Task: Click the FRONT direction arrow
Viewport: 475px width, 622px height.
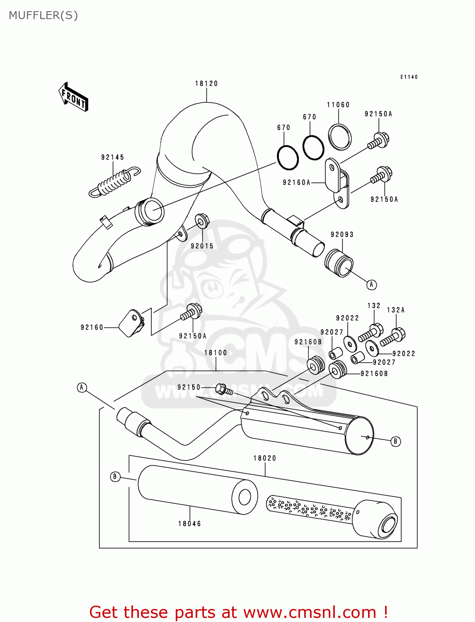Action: tap(73, 97)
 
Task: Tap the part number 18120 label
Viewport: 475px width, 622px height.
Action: tap(206, 83)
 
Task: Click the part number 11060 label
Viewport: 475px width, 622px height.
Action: tap(338, 105)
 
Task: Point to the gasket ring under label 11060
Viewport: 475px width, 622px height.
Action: tap(340, 136)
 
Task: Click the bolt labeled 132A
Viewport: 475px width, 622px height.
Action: tap(393, 336)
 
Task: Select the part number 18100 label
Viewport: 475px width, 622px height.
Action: tap(216, 353)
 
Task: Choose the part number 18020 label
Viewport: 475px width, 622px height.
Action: tap(265, 458)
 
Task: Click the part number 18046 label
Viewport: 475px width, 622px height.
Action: tap(189, 524)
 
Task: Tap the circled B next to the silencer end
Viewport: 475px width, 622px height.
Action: tap(395, 441)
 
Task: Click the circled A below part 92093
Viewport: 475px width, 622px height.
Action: tap(371, 284)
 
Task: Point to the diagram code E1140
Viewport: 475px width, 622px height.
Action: tap(409, 77)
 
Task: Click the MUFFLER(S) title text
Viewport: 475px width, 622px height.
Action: tap(43, 15)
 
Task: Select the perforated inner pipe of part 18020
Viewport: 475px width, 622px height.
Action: tap(309, 508)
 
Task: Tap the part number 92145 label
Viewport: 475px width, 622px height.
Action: tap(112, 157)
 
